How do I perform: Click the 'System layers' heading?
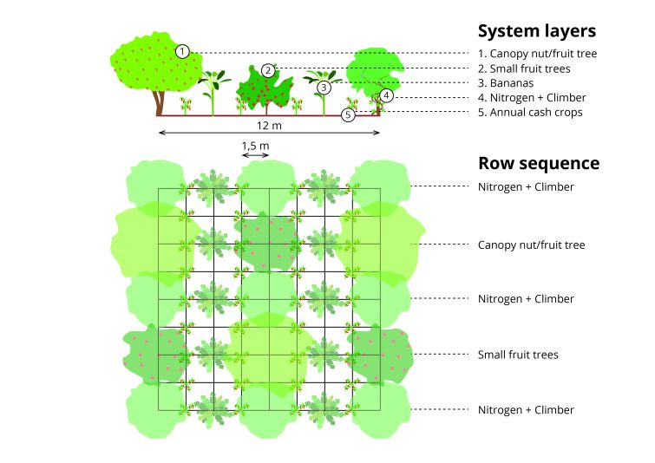pos(536,31)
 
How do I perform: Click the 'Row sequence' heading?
pos(539,163)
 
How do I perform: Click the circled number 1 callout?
pos(182,51)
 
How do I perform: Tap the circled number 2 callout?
pos(268,70)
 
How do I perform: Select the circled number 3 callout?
pos(324,88)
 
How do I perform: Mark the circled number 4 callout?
pos(387,95)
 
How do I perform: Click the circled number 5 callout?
pos(348,114)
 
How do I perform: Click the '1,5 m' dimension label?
pos(255,145)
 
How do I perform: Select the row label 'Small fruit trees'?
pos(518,355)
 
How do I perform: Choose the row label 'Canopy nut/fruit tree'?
pos(531,245)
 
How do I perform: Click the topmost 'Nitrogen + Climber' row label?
pos(526,186)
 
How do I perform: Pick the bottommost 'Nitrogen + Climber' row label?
pos(526,410)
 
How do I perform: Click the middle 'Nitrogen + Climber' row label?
pos(526,299)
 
